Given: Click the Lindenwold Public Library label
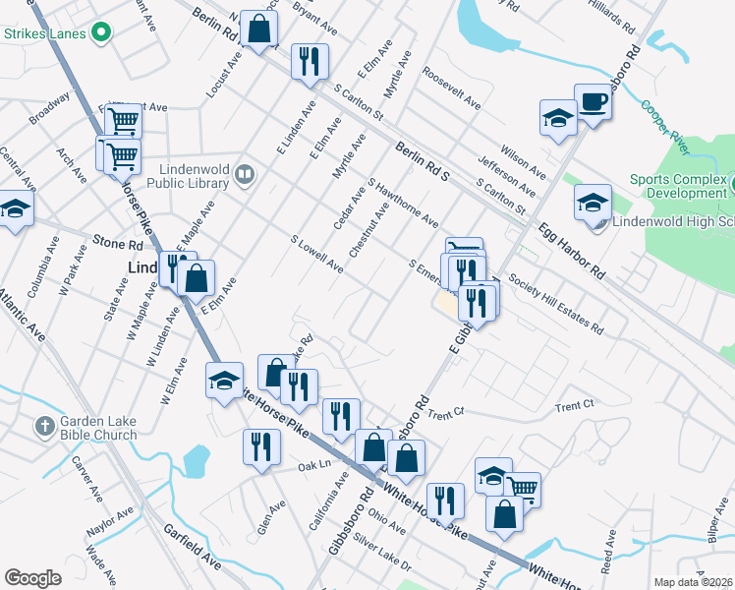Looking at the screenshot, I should pos(189,175).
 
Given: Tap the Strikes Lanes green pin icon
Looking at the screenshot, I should pos(100,33).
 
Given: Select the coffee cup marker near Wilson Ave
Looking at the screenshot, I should pos(593,102).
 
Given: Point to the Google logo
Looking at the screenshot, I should pos(32,578).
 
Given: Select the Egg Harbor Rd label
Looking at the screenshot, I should pos(572,253).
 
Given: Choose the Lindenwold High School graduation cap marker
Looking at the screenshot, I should pos(593,205).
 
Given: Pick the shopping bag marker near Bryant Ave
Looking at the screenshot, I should pos(259,29).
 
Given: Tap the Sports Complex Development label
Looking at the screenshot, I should pos(678,186).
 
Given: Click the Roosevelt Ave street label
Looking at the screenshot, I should pos(451,87).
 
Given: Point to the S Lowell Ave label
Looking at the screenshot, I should pos(316,253).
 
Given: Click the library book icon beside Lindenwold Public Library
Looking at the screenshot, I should pos(245,176).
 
